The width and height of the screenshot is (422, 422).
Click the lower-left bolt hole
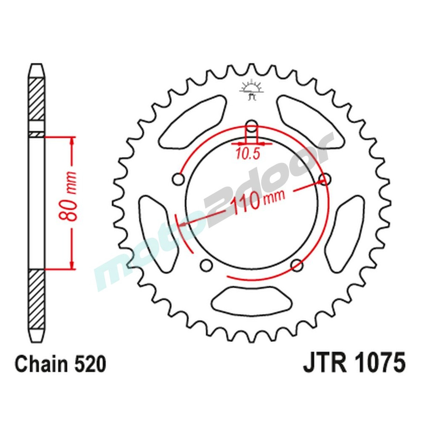click(x=206, y=265)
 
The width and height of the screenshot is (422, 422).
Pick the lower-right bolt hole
click(x=297, y=265)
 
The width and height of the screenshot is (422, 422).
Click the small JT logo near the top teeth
click(x=252, y=90)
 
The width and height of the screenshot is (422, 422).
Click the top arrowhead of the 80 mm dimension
click(x=73, y=141)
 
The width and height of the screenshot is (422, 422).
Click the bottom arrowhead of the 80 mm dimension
click(x=73, y=264)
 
